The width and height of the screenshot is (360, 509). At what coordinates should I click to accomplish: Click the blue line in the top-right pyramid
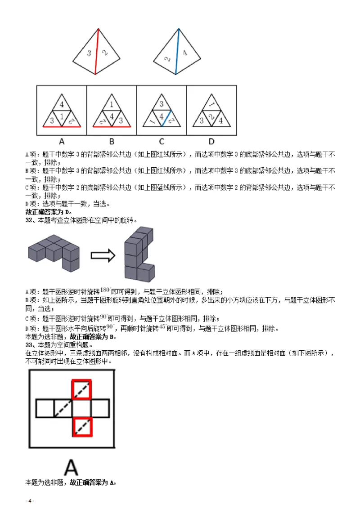[177, 52]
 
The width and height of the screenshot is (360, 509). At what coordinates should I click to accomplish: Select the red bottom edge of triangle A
[62, 127]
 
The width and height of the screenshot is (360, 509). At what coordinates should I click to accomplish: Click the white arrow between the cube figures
[103, 255]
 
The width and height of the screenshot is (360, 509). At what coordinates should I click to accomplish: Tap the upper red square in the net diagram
[82, 389]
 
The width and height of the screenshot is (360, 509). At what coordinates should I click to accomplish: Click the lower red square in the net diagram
[82, 426]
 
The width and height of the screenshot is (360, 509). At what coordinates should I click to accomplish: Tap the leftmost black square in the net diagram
[45, 408]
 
